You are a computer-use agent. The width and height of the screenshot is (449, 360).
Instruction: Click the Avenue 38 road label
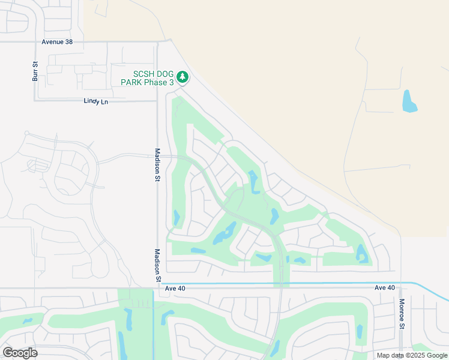(x=61, y=42)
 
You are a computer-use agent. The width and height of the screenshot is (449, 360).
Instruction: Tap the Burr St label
(x=35, y=71)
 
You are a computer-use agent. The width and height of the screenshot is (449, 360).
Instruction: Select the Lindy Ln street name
(x=95, y=101)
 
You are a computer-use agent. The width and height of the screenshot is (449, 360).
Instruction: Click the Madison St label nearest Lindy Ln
(x=157, y=164)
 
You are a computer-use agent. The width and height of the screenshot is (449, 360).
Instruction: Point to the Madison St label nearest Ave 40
(x=157, y=266)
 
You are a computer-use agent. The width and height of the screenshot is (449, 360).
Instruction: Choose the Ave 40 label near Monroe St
(x=385, y=288)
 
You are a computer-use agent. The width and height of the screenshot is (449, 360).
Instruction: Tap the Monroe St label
(x=402, y=313)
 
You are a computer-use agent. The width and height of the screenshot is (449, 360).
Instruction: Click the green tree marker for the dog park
(x=182, y=77)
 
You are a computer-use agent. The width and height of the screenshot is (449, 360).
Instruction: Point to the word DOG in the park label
(x=161, y=74)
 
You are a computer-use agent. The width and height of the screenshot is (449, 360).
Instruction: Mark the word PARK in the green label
(x=132, y=82)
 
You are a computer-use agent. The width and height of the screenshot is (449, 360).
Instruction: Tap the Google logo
(x=20, y=353)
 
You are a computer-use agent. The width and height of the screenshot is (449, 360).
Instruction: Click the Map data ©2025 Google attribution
(x=412, y=355)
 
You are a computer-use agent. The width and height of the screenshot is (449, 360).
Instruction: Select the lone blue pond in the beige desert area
(x=409, y=101)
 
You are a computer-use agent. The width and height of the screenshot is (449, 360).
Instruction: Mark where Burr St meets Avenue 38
(x=35, y=42)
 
